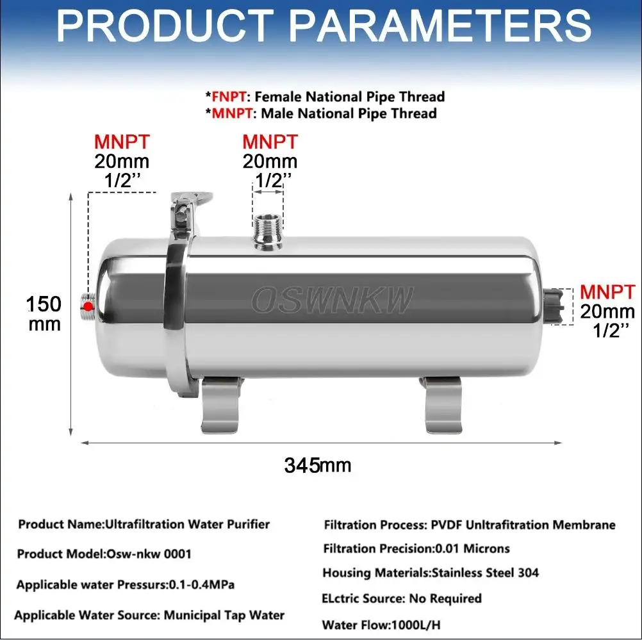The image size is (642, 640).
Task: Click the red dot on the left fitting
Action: click(88, 306)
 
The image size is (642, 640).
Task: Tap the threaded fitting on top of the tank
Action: click(268, 231)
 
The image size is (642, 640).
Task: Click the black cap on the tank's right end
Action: click(554, 306)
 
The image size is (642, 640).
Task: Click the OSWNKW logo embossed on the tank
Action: click(332, 300)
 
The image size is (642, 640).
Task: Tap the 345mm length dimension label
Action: click(318, 465)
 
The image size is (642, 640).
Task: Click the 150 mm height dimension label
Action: click(44, 314)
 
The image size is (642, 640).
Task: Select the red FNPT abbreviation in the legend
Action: click(229, 97)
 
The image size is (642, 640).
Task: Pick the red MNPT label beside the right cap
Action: click(607, 292)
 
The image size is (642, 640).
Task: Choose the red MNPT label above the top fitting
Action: click(270, 142)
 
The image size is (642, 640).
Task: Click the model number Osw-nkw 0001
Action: click(149, 554)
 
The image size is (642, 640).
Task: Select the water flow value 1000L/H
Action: click(416, 625)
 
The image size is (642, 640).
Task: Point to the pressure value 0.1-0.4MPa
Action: click(202, 584)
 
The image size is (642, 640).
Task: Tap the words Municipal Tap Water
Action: click(224, 616)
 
